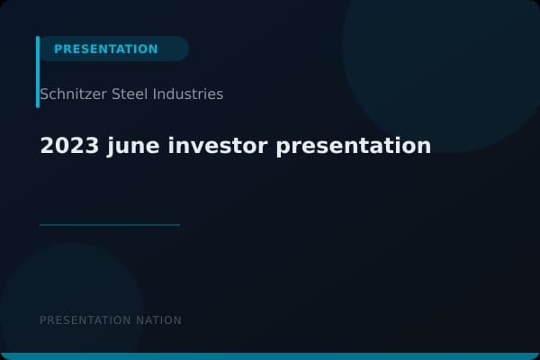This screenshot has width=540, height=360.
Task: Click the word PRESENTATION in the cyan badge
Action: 105,49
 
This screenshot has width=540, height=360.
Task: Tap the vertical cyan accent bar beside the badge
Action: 38,72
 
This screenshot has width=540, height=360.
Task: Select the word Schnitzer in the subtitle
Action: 70,94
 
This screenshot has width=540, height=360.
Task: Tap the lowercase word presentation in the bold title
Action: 354,146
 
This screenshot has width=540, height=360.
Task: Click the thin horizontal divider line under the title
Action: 110,225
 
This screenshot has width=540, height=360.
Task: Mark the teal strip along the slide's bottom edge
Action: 270,356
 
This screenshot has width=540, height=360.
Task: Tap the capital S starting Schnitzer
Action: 44,94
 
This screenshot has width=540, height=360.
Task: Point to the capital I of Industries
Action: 157,94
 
